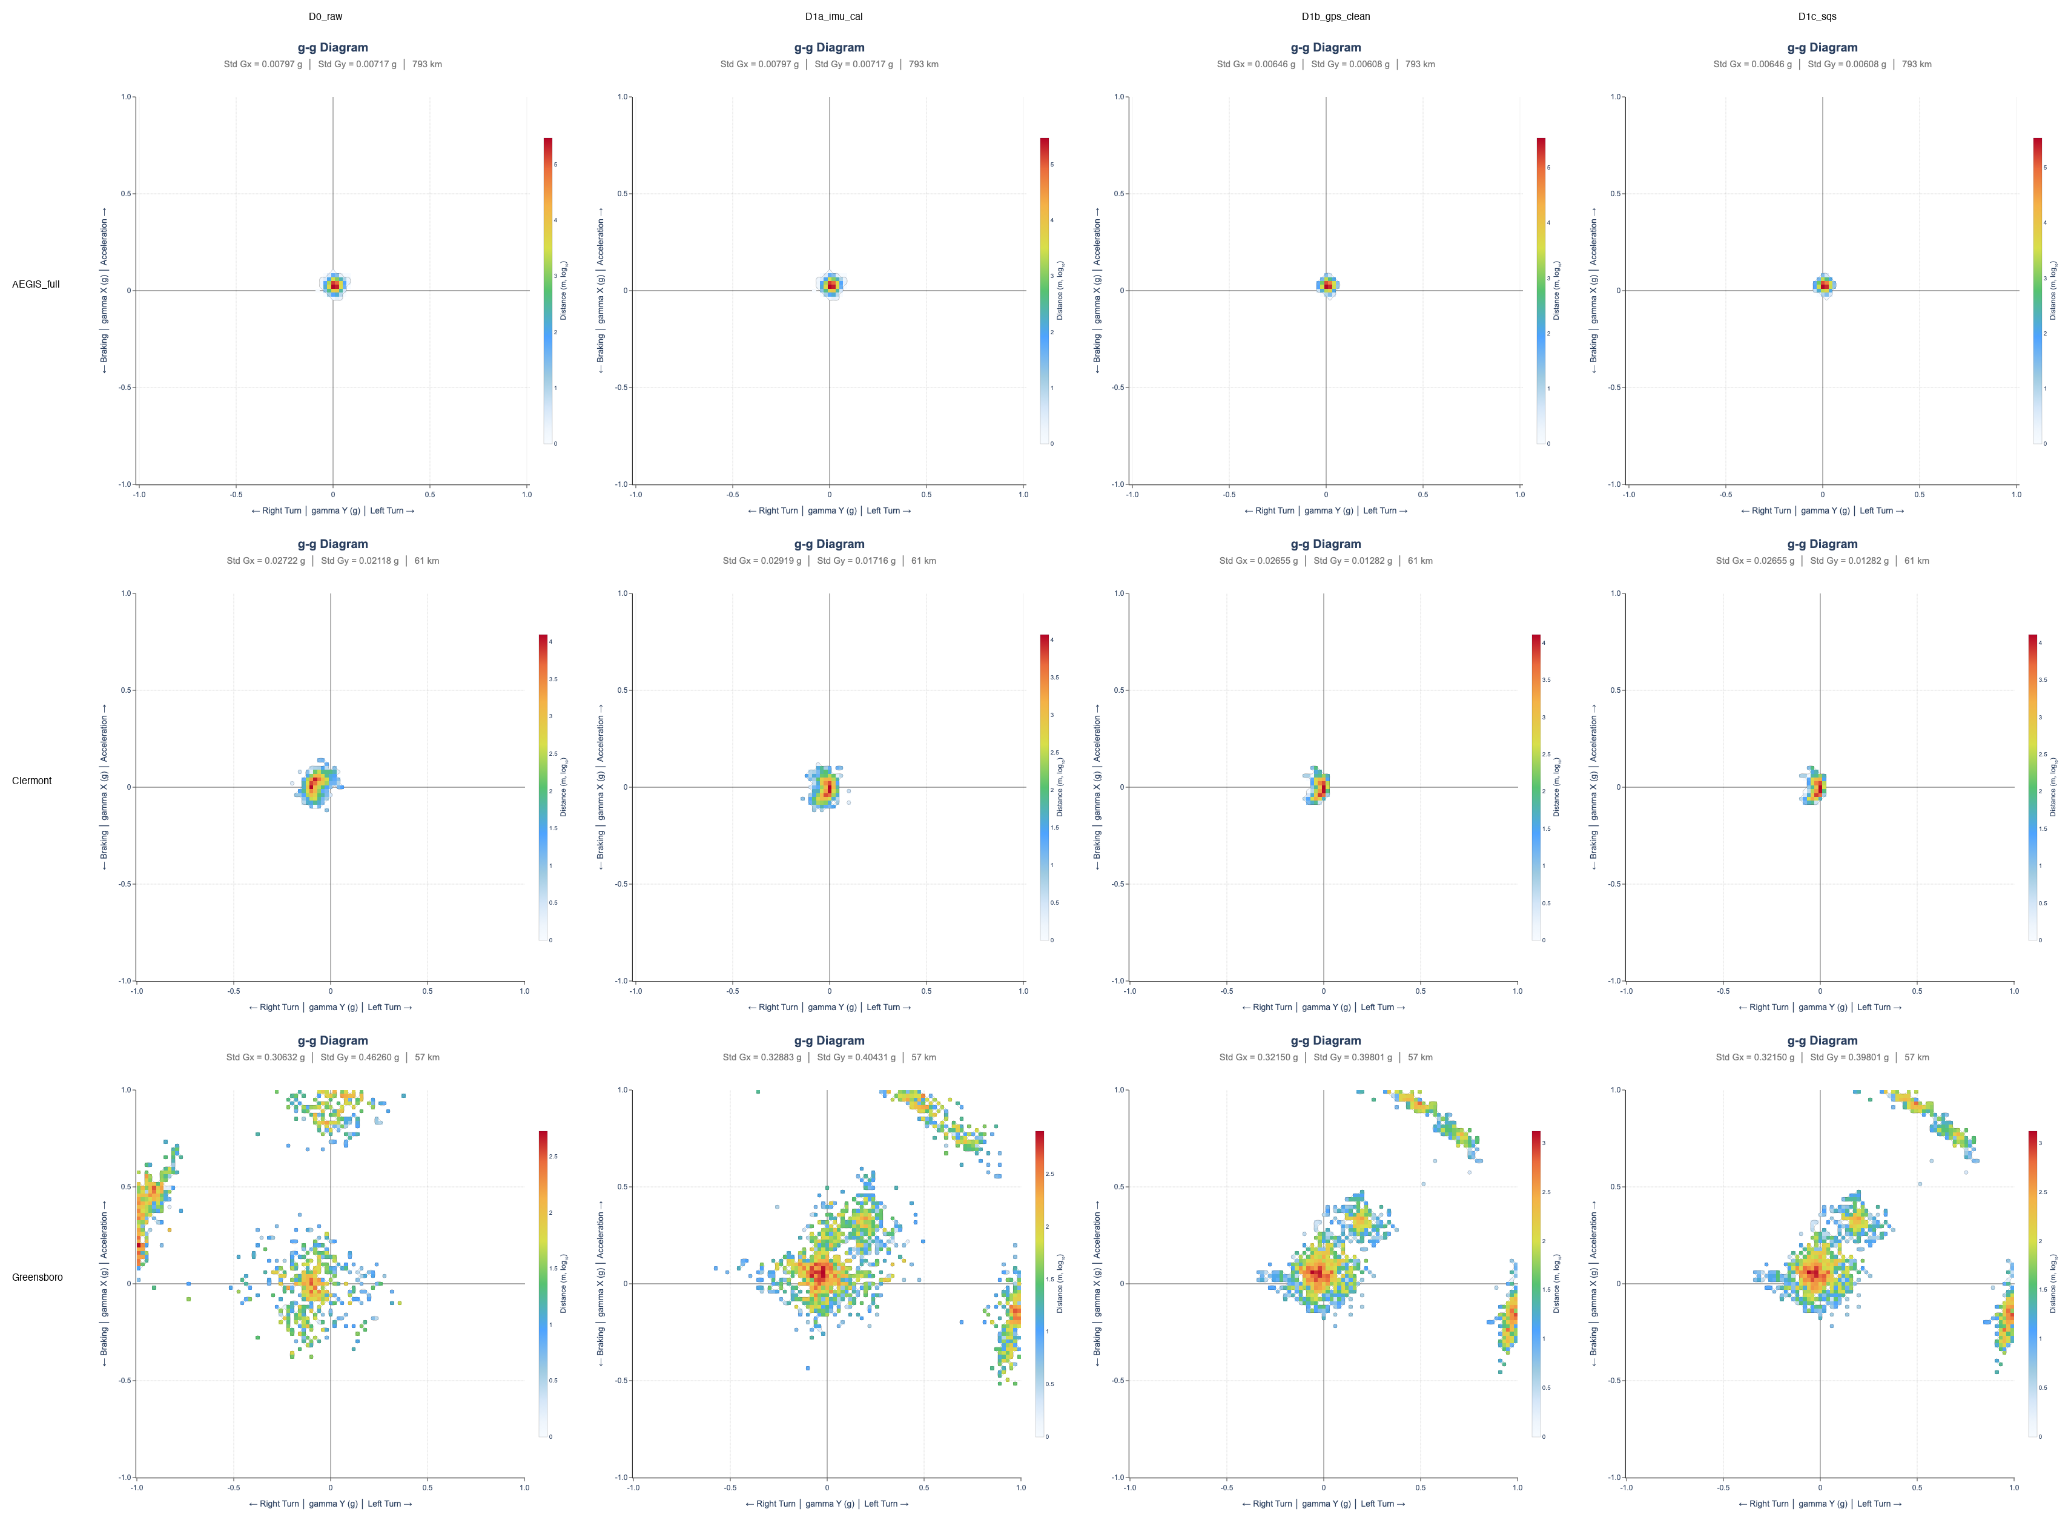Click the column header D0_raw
(325, 16)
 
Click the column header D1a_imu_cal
(833, 16)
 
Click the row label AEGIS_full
(36, 285)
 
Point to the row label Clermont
(31, 781)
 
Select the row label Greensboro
(37, 1278)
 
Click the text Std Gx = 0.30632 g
(265, 1058)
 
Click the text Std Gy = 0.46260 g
(359, 1058)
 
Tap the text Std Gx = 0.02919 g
(762, 561)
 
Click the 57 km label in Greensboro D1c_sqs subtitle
(1916, 1058)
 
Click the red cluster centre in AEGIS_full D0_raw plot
(334, 285)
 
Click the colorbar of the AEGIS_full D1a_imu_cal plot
(1044, 291)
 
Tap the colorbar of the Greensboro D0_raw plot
(543, 1284)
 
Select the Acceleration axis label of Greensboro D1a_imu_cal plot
(601, 1229)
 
